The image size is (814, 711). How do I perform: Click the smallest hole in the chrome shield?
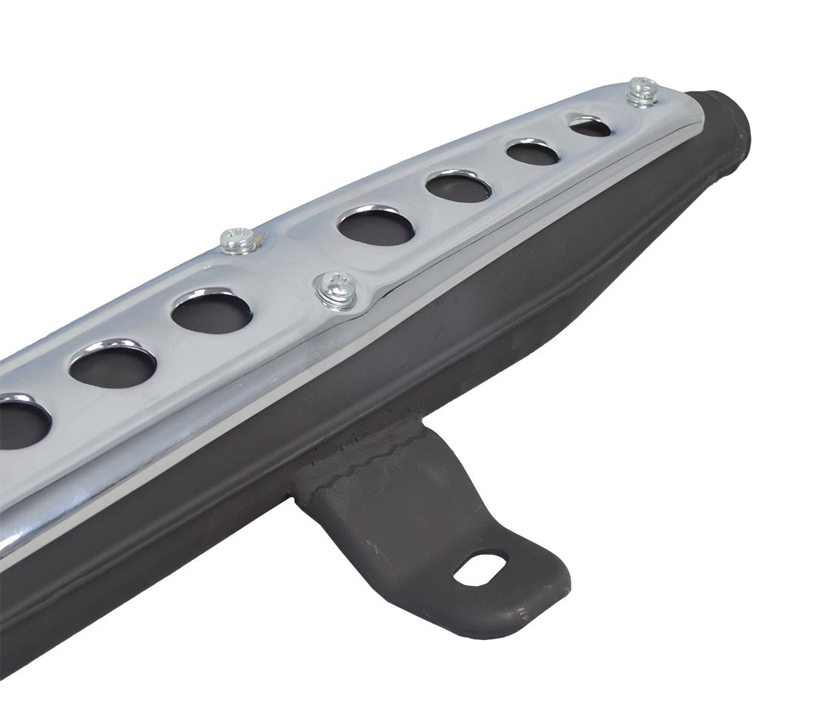(x=591, y=127)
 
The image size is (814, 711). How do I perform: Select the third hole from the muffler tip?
(x=458, y=186)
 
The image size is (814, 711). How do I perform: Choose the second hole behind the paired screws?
(x=113, y=365)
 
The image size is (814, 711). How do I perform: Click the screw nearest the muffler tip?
(x=642, y=92)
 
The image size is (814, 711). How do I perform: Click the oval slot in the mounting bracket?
(x=480, y=568)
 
